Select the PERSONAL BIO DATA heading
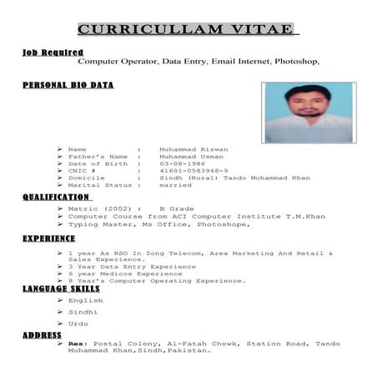coord(68,85)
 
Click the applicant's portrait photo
coord(308,112)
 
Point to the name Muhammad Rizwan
coord(194,148)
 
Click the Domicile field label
coord(87,178)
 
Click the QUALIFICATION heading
coord(56,197)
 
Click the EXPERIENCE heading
coord(49,239)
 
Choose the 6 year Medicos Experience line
coord(126,274)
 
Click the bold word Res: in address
coord(78,343)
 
